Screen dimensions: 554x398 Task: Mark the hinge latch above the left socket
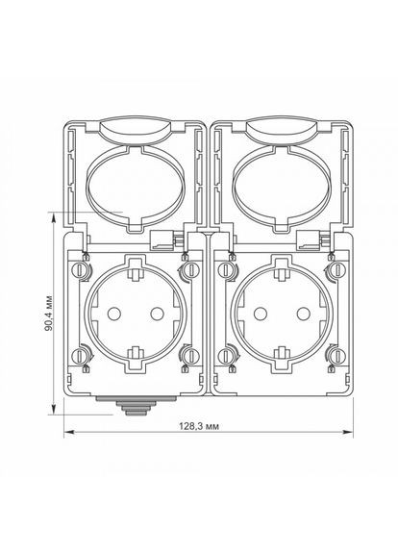pyautogui.click(x=164, y=240)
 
